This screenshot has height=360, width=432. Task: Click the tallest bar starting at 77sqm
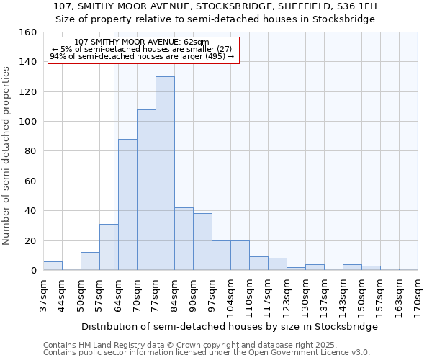click(x=165, y=174)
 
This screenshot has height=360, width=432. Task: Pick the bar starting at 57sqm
click(x=109, y=248)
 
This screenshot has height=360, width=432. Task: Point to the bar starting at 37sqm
click(x=53, y=266)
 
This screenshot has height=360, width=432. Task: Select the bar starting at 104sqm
click(x=240, y=256)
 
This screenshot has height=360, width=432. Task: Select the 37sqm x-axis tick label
click(x=43, y=295)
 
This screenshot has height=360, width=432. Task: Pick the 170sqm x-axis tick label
click(x=418, y=295)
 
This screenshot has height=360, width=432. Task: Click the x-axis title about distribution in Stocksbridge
click(x=230, y=326)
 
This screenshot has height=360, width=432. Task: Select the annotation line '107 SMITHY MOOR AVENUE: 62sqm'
click(x=142, y=42)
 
